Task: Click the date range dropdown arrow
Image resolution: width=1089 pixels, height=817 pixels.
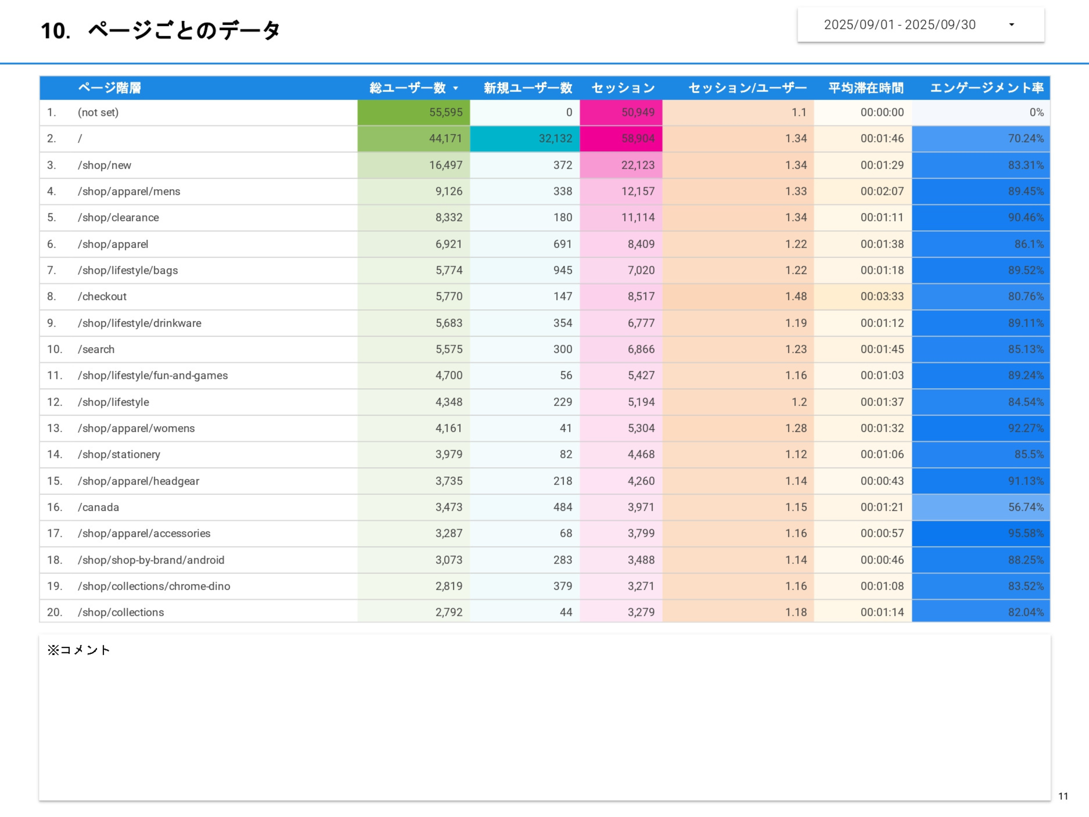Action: pyautogui.click(x=1012, y=25)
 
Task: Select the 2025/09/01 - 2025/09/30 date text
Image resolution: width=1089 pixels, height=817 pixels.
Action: pyautogui.click(x=899, y=25)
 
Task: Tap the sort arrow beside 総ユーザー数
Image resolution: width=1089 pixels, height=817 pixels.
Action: pyautogui.click(x=455, y=88)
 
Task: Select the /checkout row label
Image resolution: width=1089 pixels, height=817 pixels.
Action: pyautogui.click(x=102, y=296)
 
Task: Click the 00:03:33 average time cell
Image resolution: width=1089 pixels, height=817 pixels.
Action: pyautogui.click(x=882, y=296)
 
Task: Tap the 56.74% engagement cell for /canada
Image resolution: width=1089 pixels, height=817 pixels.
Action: pyautogui.click(x=1026, y=507)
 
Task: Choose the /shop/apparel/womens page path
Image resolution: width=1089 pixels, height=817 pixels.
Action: pyautogui.click(x=136, y=428)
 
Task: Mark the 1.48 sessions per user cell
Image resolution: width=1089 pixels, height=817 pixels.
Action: pyautogui.click(x=796, y=296)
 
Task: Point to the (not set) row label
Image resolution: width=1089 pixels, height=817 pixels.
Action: pyautogui.click(x=98, y=112)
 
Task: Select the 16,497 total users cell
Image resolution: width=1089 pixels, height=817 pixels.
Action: pyautogui.click(x=446, y=165)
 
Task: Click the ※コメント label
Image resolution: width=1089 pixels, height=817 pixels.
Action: pyautogui.click(x=79, y=650)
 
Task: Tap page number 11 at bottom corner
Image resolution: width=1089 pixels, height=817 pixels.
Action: pyautogui.click(x=1063, y=796)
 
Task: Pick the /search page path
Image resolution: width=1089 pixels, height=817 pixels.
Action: pyautogui.click(x=96, y=349)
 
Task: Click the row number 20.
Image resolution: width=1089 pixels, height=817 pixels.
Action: pyautogui.click(x=54, y=612)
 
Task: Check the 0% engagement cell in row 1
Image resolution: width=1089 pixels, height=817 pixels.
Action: pyautogui.click(x=1036, y=112)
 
